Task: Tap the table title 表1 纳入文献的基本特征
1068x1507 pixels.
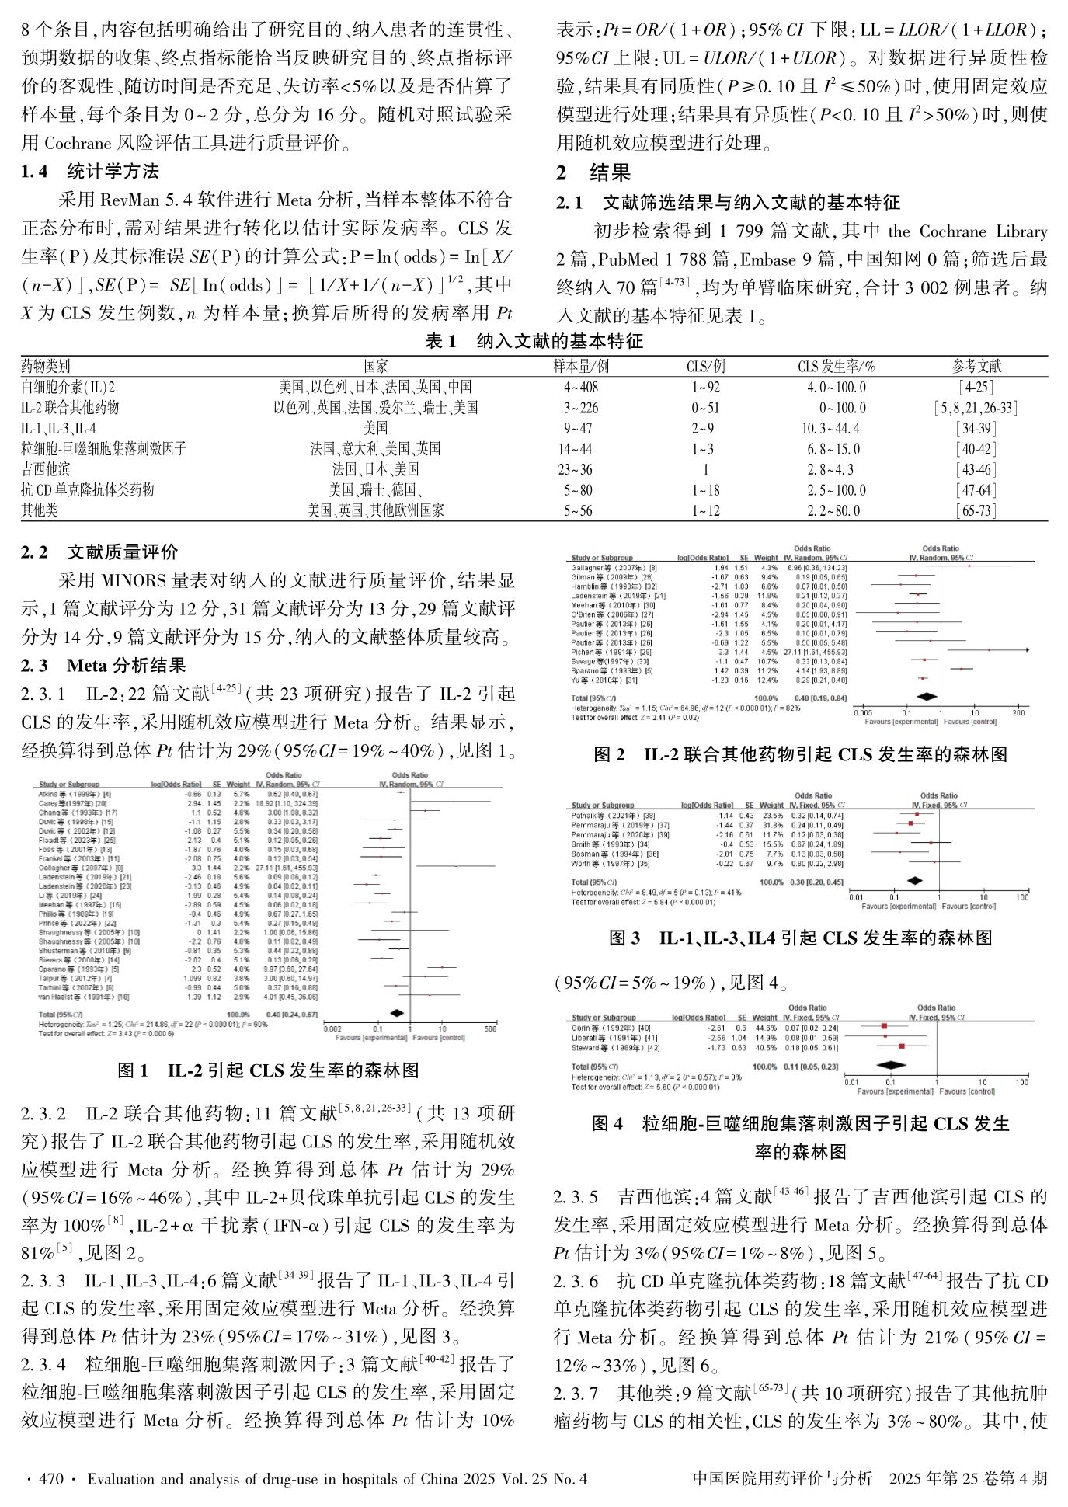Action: point(534,341)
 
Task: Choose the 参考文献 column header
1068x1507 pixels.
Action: point(976,366)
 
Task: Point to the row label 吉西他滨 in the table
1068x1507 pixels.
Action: point(46,469)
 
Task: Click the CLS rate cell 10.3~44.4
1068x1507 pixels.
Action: point(830,428)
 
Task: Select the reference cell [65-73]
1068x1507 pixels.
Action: point(976,510)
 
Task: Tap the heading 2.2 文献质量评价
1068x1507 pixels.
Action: point(99,552)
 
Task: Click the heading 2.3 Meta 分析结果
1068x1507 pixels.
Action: point(103,665)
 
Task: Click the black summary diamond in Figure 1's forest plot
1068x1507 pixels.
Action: point(397,1013)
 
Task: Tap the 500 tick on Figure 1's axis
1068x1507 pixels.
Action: point(490,1028)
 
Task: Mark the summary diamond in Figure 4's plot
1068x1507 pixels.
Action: point(895,1066)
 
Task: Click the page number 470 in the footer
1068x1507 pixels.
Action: point(50,1478)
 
